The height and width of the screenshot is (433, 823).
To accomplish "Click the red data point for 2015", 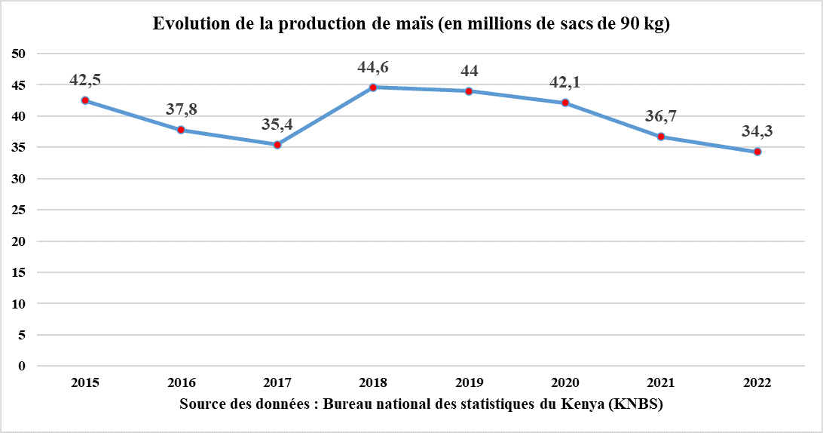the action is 85,100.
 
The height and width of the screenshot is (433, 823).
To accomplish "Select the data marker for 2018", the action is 373,88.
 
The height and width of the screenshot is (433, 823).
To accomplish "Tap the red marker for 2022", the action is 757,152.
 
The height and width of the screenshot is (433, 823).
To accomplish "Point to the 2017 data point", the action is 277,145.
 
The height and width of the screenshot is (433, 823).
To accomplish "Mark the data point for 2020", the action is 565,103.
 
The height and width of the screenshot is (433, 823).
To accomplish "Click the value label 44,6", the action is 373,68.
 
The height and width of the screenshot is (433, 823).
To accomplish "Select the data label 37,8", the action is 181,110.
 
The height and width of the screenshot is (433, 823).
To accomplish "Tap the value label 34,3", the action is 757,131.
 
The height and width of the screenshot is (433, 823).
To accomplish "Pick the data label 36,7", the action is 661,116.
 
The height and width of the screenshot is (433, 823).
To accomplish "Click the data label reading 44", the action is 469,71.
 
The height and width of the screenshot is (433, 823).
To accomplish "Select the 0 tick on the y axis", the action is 22,367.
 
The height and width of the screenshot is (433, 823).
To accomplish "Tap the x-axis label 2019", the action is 470,382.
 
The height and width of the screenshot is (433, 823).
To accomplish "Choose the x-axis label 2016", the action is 181,382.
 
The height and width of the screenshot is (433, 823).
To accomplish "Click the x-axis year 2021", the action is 661,382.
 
